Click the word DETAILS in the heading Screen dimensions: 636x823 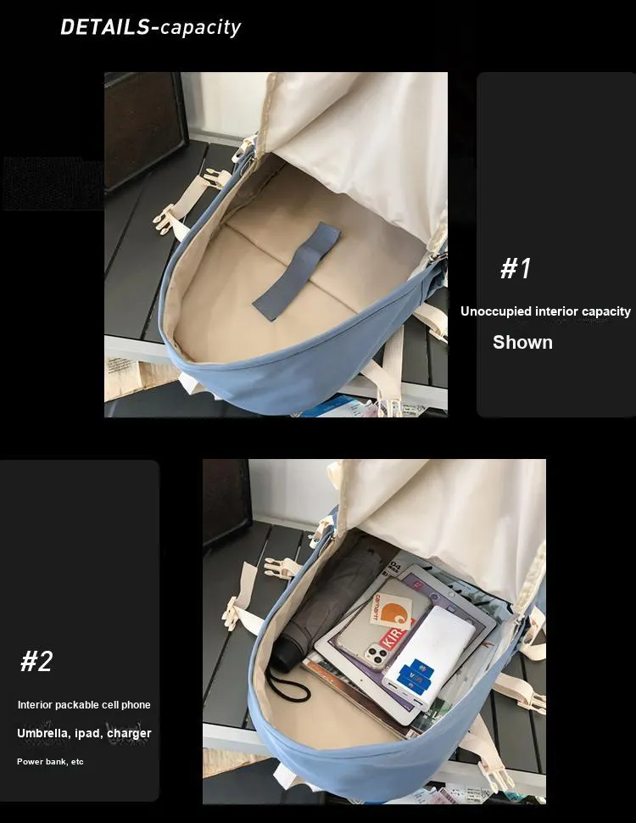105,27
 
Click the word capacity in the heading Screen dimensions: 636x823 200,28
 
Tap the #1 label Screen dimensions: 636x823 516,267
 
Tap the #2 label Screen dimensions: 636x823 36,661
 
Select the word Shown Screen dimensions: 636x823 522,342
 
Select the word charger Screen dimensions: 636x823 129,733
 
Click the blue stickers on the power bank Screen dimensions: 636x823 415,675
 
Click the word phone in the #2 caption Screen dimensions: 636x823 137,705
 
